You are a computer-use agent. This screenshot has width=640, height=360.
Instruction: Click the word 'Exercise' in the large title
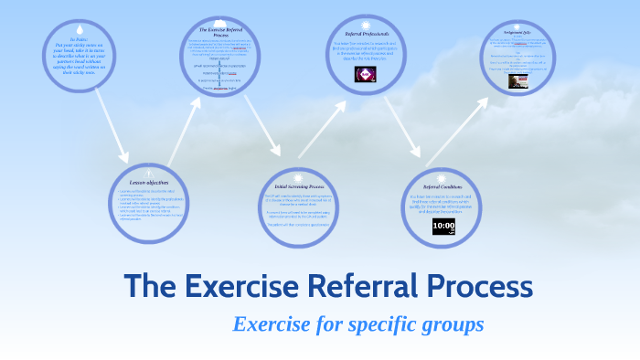[x=242, y=286]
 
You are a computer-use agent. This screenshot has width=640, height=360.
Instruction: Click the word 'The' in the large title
[x=151, y=286]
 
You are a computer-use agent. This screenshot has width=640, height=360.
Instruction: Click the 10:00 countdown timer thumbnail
[x=444, y=225]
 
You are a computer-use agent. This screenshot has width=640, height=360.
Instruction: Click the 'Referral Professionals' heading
[x=366, y=34]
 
